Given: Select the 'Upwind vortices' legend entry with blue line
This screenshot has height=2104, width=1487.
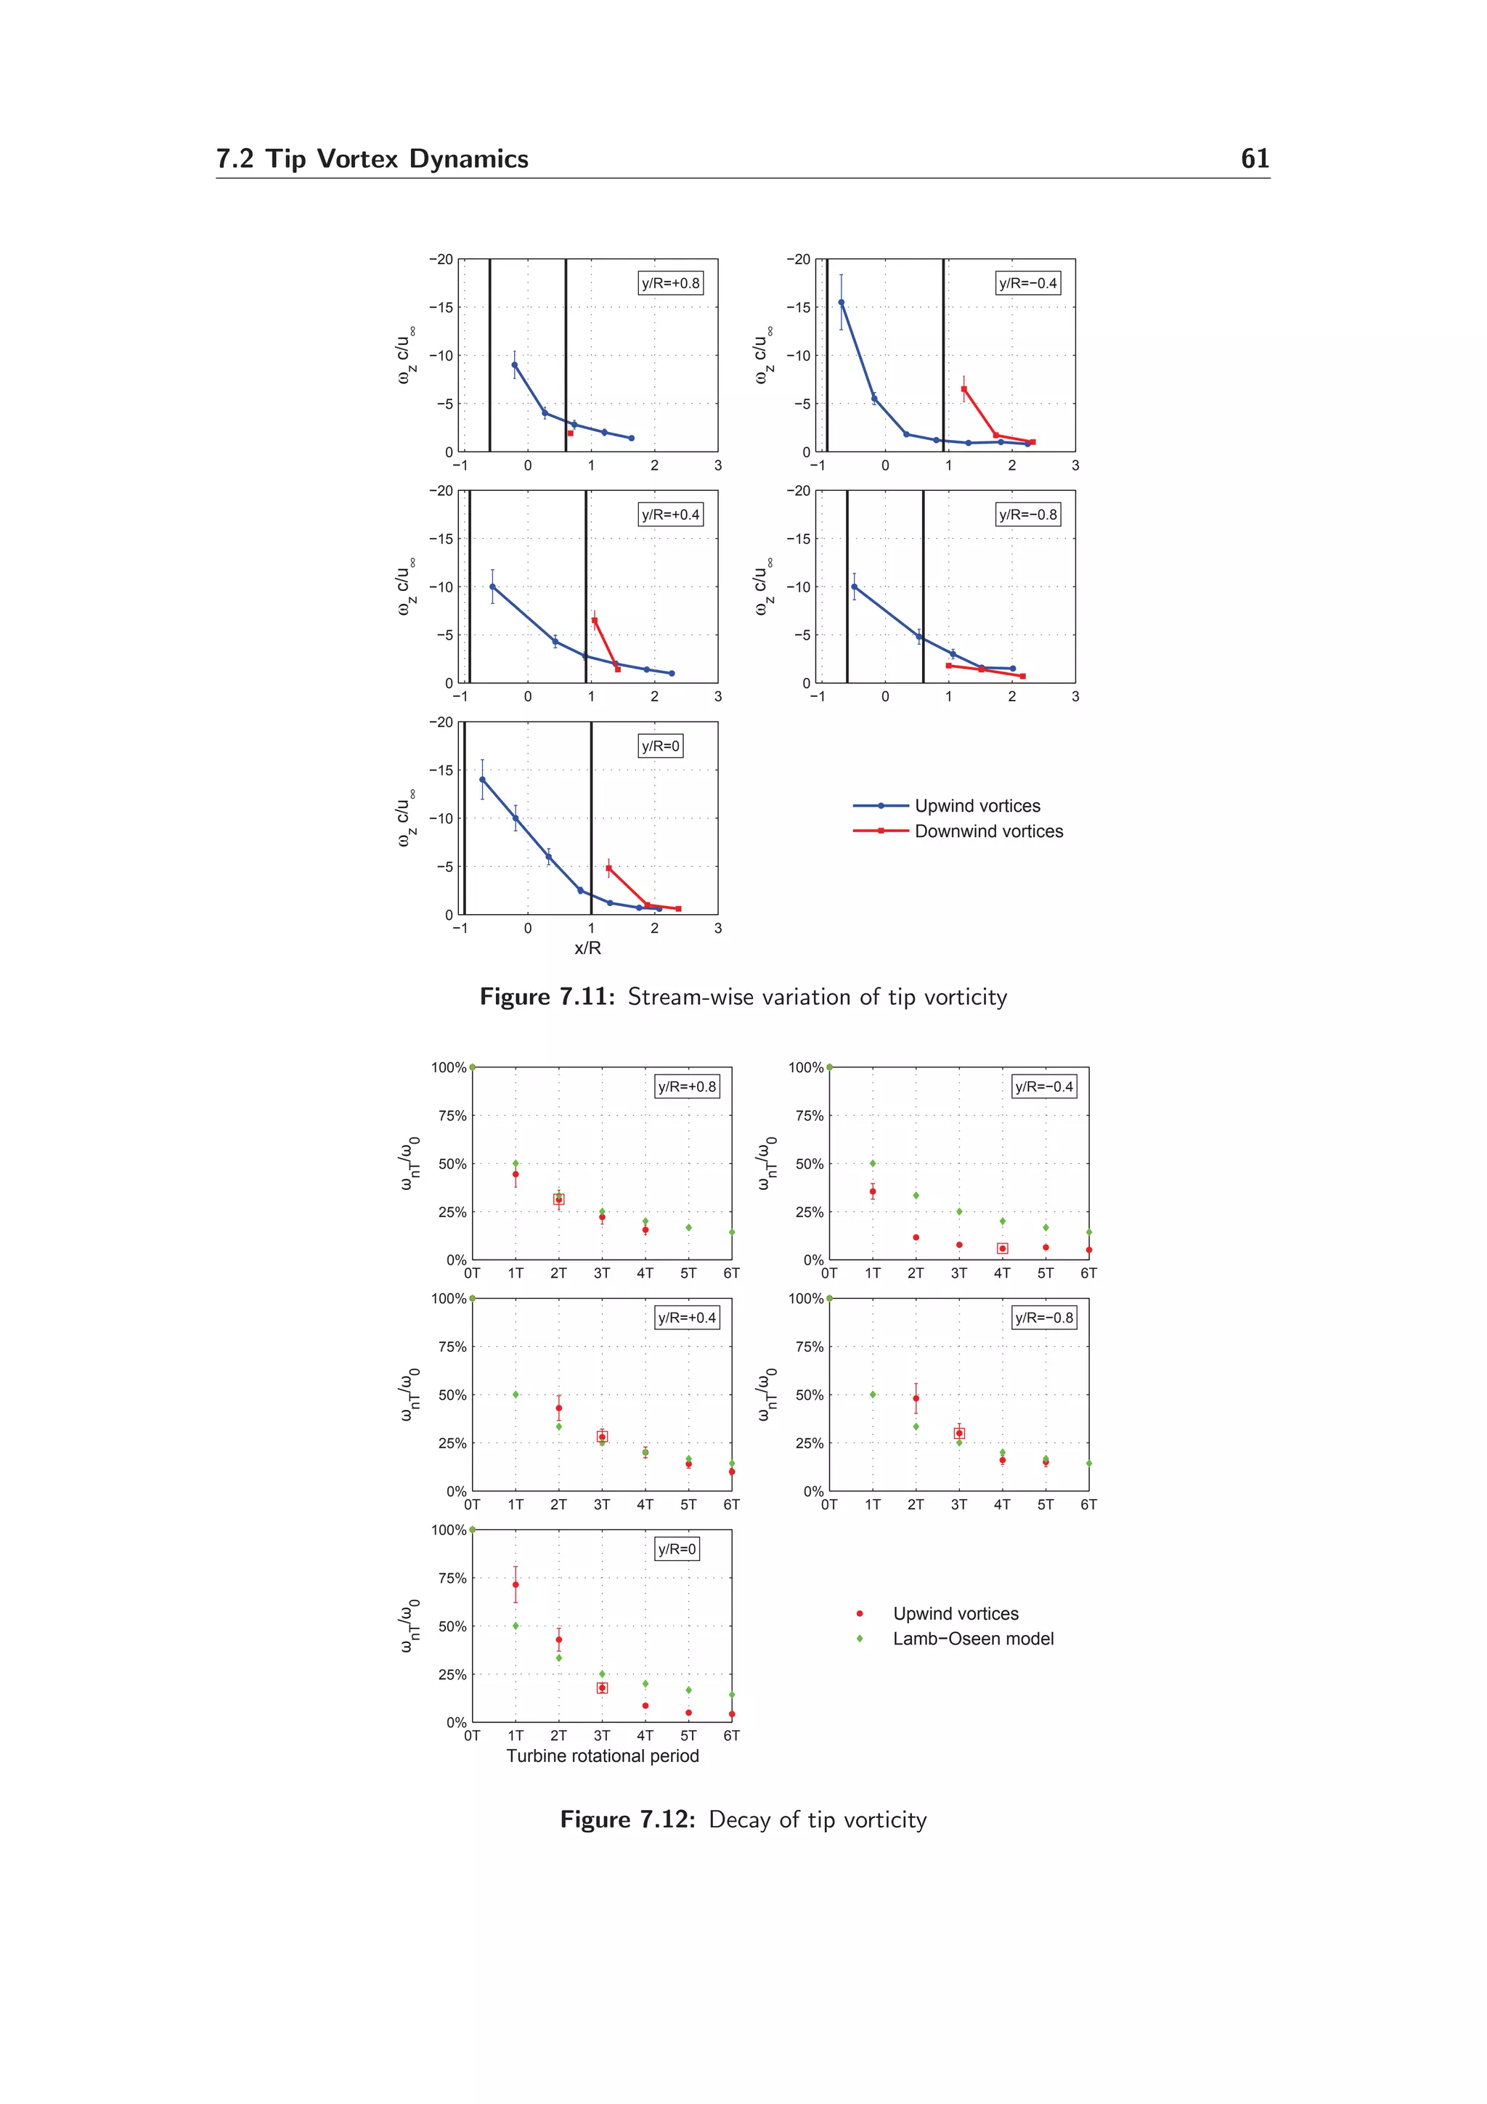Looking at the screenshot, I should [x=977, y=805].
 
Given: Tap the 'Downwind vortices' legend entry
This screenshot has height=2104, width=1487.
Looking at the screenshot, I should [x=989, y=831].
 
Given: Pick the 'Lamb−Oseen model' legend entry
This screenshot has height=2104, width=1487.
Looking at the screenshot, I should [x=973, y=1639].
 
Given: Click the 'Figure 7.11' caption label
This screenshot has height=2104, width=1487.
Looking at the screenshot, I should [x=547, y=997].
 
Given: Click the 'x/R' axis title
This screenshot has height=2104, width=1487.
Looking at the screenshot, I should [x=587, y=947].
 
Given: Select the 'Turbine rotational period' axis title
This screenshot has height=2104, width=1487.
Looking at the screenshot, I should [x=602, y=1756].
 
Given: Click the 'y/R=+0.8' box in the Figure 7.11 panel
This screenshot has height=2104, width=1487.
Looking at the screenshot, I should [x=669, y=283].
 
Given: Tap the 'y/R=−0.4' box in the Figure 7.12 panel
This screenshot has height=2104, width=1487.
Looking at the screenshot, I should [x=1043, y=1087].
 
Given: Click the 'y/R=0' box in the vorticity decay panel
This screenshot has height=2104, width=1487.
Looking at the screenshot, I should [x=677, y=1549].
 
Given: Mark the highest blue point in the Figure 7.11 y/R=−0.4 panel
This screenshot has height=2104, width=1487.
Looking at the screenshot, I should [x=841, y=303].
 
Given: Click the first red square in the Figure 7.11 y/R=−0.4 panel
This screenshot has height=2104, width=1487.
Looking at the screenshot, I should [x=964, y=388].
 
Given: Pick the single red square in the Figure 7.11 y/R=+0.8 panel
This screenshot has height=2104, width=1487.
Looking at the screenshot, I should [x=570, y=433].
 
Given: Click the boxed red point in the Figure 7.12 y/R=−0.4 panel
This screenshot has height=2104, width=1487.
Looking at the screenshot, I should [x=1002, y=1248].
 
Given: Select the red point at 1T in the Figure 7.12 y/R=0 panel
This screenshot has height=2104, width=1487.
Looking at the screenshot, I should [x=515, y=1584].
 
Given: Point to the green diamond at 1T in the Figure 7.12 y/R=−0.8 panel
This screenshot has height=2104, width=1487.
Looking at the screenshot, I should [x=872, y=1395].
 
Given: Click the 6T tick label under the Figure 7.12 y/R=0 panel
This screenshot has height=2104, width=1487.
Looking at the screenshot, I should [x=731, y=1736].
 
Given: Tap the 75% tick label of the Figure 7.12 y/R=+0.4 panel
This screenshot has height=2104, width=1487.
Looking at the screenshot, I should [x=452, y=1347].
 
